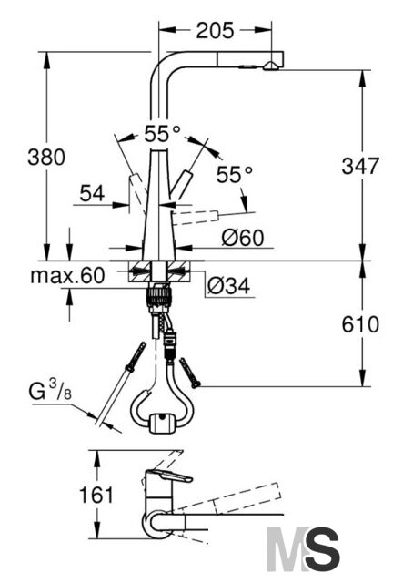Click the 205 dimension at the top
(x=215, y=30)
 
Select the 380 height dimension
(x=46, y=157)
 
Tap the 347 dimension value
(x=360, y=166)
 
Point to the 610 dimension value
(x=360, y=324)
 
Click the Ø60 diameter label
(x=243, y=237)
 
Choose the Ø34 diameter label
(x=229, y=285)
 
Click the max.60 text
(x=67, y=276)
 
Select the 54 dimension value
(x=93, y=193)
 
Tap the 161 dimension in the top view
(x=96, y=495)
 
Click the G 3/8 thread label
(x=50, y=392)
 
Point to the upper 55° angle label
(x=163, y=134)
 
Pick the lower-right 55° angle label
(x=235, y=174)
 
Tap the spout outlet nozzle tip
(x=269, y=66)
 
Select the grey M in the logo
(x=286, y=548)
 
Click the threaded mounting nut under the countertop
(x=160, y=295)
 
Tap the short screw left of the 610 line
(x=189, y=373)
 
